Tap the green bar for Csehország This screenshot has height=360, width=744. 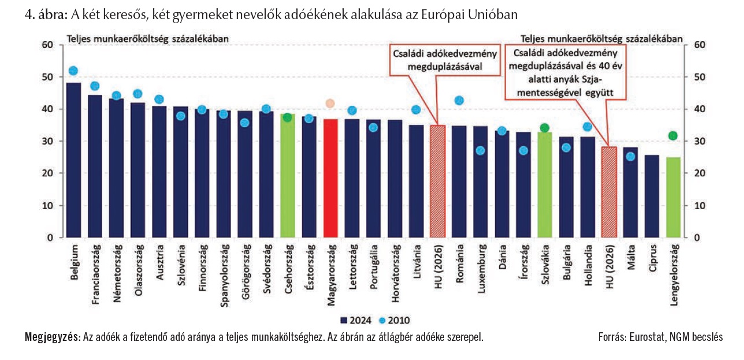[x=288, y=176]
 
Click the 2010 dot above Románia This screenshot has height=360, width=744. [x=459, y=101]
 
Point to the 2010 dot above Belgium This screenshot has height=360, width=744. [x=73, y=71]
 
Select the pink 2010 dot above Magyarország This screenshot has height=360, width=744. [x=330, y=103]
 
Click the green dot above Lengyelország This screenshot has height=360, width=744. [x=673, y=136]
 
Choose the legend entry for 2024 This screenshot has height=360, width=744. [x=356, y=320]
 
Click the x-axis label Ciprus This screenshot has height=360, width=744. [x=652, y=258]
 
